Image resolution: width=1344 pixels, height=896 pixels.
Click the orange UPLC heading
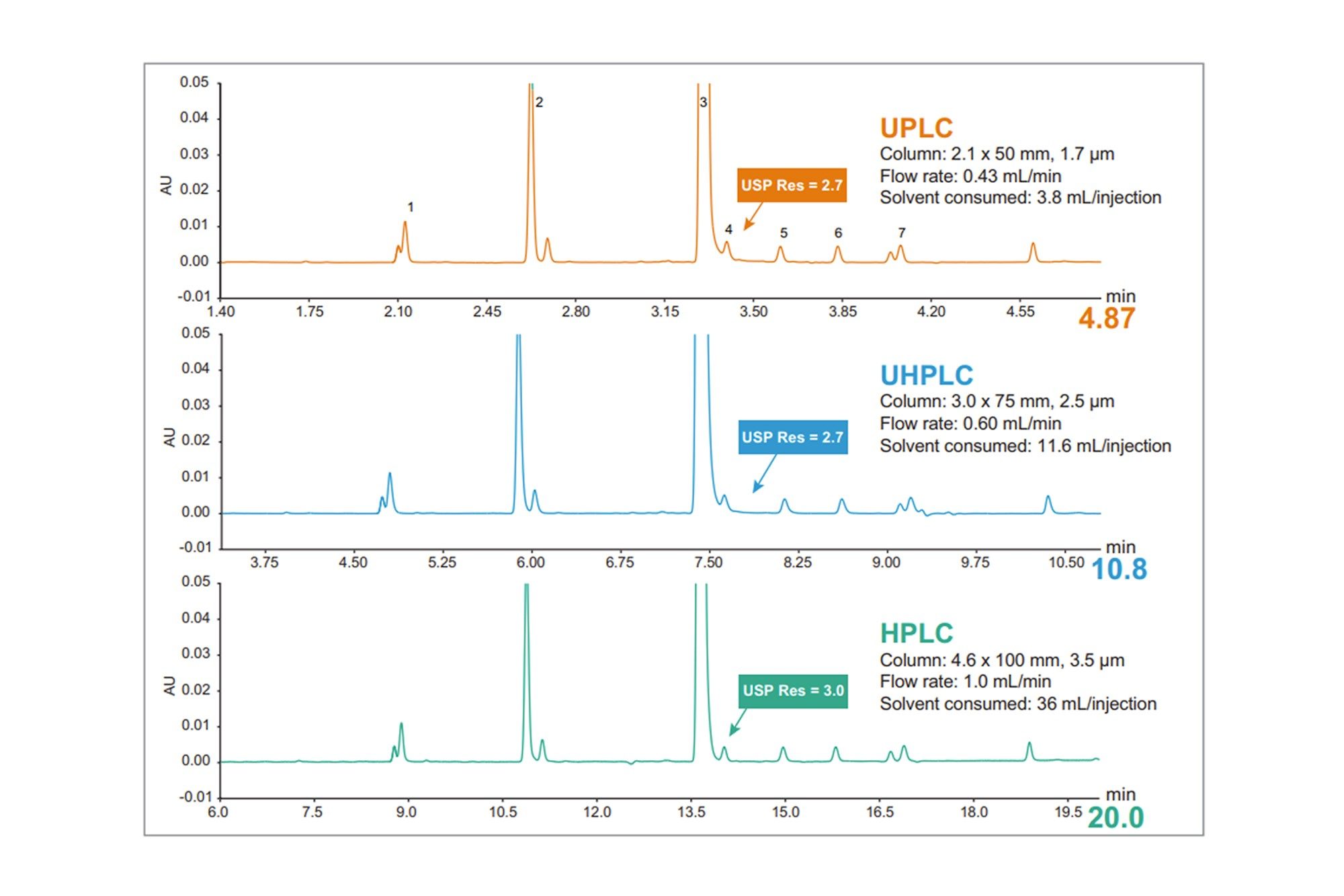[x=916, y=128]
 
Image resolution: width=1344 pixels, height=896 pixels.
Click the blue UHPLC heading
[x=927, y=375]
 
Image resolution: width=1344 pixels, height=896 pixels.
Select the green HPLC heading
[x=917, y=633]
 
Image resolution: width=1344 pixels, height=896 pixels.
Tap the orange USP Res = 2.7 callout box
[x=792, y=185]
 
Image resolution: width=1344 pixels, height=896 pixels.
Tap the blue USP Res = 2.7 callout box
[x=793, y=437]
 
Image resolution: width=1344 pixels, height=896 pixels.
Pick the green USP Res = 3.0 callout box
[x=793, y=691]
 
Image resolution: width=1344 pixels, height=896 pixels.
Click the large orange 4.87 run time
[x=1107, y=318]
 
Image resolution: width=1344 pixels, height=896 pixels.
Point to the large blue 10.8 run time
[x=1119, y=569]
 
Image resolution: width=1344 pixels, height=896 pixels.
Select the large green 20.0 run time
[x=1116, y=817]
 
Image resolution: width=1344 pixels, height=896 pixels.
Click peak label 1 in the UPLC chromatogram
[x=411, y=207]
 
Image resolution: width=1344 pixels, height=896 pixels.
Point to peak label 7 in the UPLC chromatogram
[x=902, y=233]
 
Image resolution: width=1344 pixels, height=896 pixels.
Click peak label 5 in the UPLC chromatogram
[x=784, y=233]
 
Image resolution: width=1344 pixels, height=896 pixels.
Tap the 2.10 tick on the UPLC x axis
[x=398, y=312]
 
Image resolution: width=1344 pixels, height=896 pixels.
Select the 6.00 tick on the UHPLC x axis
[x=530, y=563]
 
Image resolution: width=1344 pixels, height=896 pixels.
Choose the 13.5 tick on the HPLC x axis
[x=691, y=812]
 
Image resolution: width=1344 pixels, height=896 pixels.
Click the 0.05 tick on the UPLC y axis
[x=194, y=82]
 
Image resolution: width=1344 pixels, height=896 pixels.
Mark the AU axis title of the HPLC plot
[x=169, y=686]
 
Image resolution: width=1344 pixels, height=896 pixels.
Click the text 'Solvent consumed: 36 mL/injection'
[x=1018, y=704]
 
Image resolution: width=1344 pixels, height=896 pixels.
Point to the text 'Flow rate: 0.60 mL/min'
[x=970, y=423]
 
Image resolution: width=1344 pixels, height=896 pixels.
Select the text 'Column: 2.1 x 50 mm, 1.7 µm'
[x=997, y=154]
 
